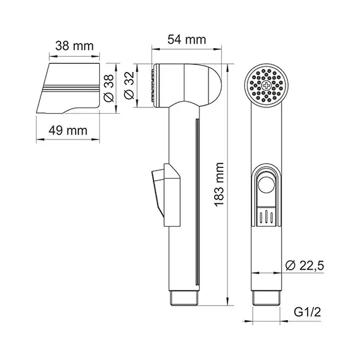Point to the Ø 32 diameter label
[129, 85]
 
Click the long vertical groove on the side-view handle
[198, 202]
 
